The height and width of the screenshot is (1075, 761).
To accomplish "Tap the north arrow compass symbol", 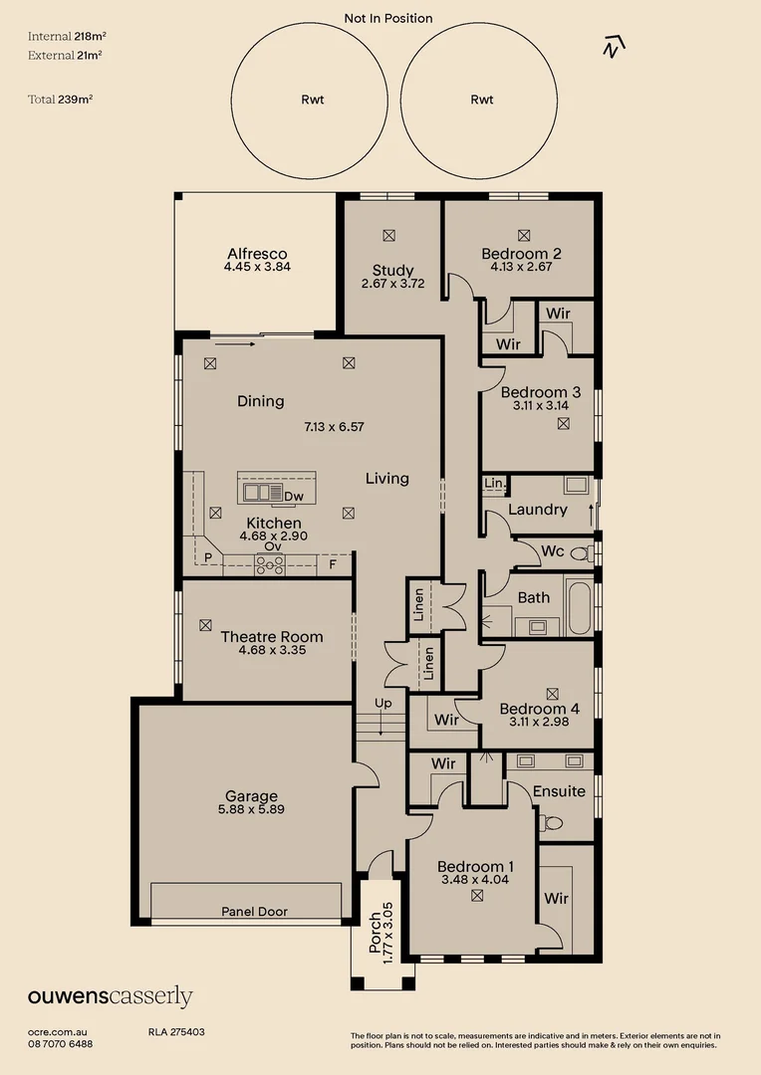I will point(616,45).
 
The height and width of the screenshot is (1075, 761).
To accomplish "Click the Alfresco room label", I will point(257,254).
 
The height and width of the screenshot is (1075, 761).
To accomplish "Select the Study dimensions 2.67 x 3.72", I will point(392,284).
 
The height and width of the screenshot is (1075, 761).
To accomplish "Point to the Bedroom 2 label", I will point(521,253).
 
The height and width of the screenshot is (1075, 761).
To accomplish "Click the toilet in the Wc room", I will point(589,552).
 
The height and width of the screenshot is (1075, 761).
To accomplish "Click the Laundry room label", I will point(537,510).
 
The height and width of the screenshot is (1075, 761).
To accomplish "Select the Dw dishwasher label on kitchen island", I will point(293,496).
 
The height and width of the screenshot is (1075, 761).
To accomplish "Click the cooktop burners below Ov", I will point(270,564).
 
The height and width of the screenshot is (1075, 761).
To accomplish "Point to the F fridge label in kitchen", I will point(333,563).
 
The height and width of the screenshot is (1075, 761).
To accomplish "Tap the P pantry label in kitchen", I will point(208,559).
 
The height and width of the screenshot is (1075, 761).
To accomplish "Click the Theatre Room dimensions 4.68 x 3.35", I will point(272,651).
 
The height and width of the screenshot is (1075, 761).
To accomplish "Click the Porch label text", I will point(375,934).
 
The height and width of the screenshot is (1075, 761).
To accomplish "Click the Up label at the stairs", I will point(382,704).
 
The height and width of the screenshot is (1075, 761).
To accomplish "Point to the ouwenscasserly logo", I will point(110,996).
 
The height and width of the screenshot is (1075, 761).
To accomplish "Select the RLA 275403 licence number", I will point(176,1033).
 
